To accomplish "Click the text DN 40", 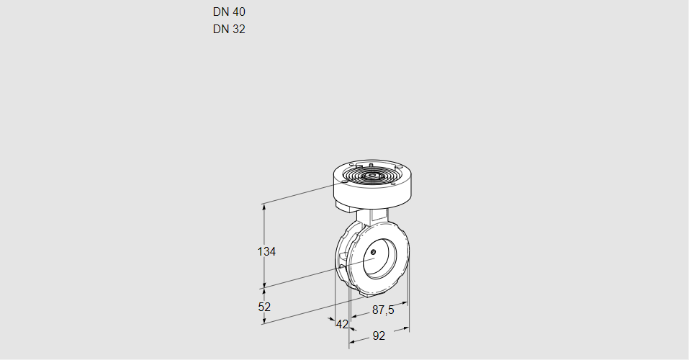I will [x=229, y=12].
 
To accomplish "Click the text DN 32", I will [x=229, y=30].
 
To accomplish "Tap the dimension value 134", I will [x=267, y=251].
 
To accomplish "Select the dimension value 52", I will [x=264, y=307].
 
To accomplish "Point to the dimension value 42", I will [x=342, y=324].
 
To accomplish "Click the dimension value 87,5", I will [x=382, y=310].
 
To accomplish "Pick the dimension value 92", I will [x=379, y=336].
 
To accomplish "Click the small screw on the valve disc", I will [x=374, y=251].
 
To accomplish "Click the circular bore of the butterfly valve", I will [x=379, y=258].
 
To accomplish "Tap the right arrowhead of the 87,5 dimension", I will [x=405, y=304].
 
